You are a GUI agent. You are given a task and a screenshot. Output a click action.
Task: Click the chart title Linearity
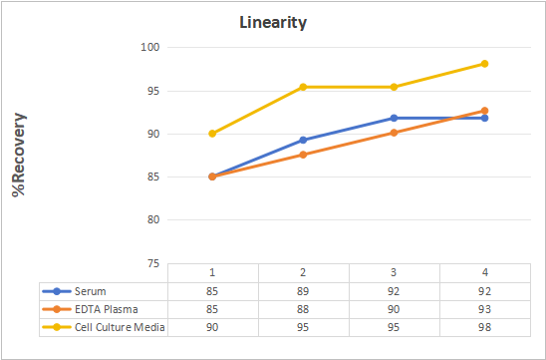tap(273, 23)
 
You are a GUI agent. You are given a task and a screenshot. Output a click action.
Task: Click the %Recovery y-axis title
tap(19, 155)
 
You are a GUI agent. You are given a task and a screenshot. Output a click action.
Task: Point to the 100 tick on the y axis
tap(150, 47)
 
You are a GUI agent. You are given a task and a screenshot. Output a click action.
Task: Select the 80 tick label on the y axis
tap(153, 220)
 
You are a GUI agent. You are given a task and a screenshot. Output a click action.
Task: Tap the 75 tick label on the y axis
tap(153, 264)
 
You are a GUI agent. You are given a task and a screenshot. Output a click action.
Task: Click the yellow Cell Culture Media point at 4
tap(484, 64)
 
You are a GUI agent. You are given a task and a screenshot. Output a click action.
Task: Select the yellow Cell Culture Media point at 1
tap(212, 134)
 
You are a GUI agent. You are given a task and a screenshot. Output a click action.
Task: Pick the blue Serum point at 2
tap(303, 140)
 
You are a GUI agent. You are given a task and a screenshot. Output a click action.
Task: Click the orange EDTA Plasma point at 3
tap(394, 133)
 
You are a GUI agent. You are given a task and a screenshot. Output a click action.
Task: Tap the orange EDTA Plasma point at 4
tap(484, 111)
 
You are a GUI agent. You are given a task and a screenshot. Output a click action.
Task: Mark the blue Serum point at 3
tap(394, 118)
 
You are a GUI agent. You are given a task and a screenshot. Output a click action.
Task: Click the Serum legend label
tap(91, 291)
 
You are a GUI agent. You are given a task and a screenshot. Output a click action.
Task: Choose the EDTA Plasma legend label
tap(107, 309)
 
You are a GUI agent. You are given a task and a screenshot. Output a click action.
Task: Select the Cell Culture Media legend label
tap(120, 327)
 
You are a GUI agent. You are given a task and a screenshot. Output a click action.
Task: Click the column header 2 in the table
tap(303, 272)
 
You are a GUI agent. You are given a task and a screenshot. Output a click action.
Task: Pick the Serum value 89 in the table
tap(303, 291)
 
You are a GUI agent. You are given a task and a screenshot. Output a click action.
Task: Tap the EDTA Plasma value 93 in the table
tap(484, 309)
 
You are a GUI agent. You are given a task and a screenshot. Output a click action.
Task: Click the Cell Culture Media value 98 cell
tap(484, 327)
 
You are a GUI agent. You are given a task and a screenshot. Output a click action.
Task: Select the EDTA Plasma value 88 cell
tap(303, 309)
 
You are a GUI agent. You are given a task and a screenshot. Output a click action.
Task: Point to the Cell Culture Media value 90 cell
tap(212, 327)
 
